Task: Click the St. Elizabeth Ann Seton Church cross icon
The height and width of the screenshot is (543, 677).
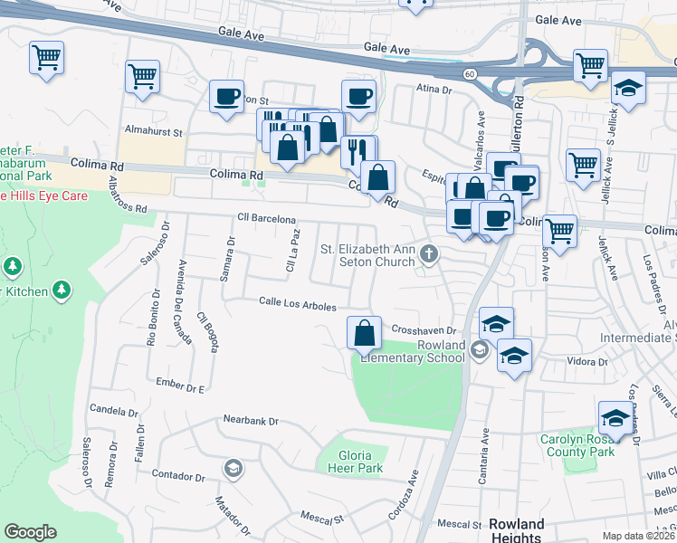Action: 430,255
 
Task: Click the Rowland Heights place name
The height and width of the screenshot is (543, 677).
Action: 517,531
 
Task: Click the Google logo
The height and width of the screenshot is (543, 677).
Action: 30,532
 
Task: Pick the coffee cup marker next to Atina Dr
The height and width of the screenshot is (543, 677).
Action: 358,96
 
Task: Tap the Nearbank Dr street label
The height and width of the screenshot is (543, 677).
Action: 251,421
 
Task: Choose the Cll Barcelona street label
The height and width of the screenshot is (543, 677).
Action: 266,219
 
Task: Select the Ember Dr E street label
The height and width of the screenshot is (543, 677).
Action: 181,384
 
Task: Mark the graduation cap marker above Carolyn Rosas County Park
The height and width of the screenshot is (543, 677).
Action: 615,418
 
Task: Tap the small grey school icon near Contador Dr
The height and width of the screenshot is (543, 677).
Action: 233,468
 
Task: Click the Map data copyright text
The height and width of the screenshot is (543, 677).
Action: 637,536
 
